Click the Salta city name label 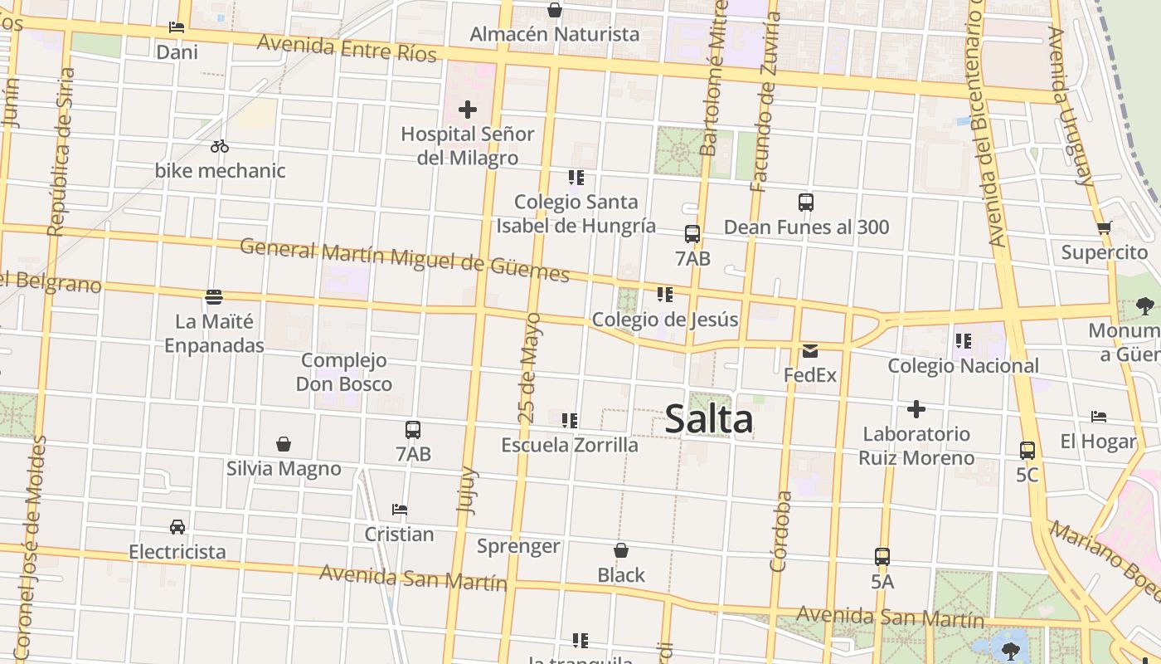[x=709, y=418]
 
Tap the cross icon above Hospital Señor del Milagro [x=468, y=109]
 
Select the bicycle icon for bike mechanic [x=220, y=146]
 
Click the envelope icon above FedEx [x=810, y=351]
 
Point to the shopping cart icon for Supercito [x=1104, y=227]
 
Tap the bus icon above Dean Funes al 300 [x=806, y=202]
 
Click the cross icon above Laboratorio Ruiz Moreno [x=916, y=409]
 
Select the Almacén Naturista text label [x=555, y=34]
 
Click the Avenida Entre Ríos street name [x=347, y=47]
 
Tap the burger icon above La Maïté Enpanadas [x=214, y=296]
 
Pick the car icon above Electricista [x=177, y=527]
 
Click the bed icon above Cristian [x=400, y=509]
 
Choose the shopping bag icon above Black [x=621, y=550]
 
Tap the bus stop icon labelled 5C [x=1027, y=451]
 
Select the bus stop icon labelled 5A [x=882, y=557]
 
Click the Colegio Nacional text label [x=963, y=366]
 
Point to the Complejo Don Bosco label [x=344, y=372]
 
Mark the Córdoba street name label [x=781, y=531]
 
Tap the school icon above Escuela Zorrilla [x=570, y=421]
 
